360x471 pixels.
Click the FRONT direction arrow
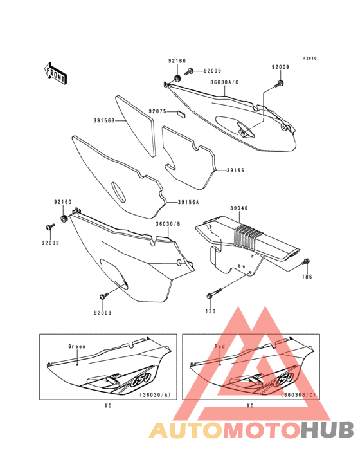(55, 73)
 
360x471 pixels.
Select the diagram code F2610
(310, 59)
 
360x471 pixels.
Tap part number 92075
(157, 111)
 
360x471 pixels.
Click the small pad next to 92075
(181, 113)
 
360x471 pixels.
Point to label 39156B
(104, 120)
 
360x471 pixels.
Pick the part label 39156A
(188, 202)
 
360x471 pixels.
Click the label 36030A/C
(224, 82)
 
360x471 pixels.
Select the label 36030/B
(168, 224)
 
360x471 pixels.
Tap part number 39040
(239, 208)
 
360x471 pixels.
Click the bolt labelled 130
(213, 293)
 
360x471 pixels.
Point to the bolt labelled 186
(306, 262)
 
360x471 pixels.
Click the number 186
(307, 277)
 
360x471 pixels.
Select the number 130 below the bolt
(211, 311)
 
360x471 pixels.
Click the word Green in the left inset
(77, 347)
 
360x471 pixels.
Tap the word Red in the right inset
(220, 347)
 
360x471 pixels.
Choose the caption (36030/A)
(155, 394)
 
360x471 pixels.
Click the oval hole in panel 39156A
(118, 192)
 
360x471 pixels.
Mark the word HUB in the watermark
(328, 430)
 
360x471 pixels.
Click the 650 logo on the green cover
(140, 380)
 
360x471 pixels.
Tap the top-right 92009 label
(280, 67)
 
